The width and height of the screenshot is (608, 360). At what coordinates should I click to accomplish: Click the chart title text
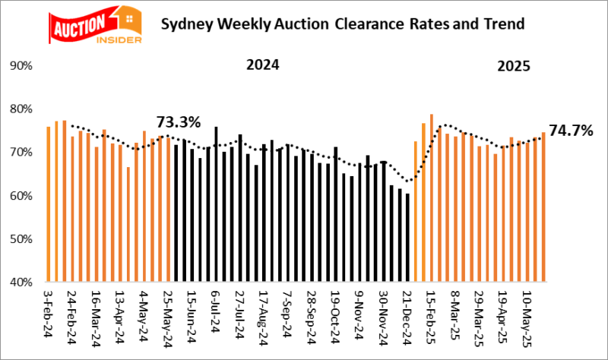tap(342, 24)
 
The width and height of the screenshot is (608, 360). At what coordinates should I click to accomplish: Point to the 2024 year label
tap(262, 65)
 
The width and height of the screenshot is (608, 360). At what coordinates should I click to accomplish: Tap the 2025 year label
tap(515, 66)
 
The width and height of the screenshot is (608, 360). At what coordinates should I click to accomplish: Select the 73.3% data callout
tap(178, 122)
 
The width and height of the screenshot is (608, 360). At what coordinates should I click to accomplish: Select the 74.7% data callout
tap(571, 131)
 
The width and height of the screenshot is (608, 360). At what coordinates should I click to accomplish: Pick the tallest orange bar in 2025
tap(431, 199)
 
